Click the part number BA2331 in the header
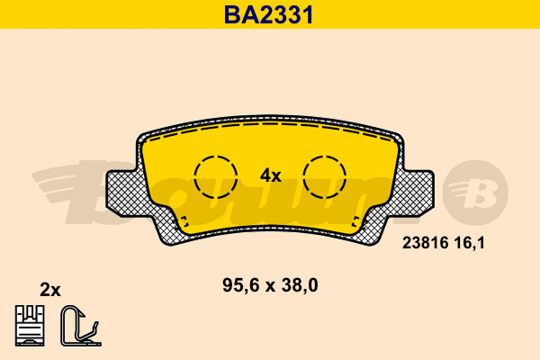coord(270,13)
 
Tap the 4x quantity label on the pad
coord(271,176)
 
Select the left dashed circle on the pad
coord(216,176)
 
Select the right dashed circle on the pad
coord(324,176)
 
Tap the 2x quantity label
coord(50,290)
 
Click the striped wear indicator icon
coord(31,325)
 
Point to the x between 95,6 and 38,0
coord(271,287)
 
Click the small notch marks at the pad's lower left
coord(183,221)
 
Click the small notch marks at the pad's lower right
coord(358,221)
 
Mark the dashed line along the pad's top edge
coord(270,129)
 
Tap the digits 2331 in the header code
coord(286,13)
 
